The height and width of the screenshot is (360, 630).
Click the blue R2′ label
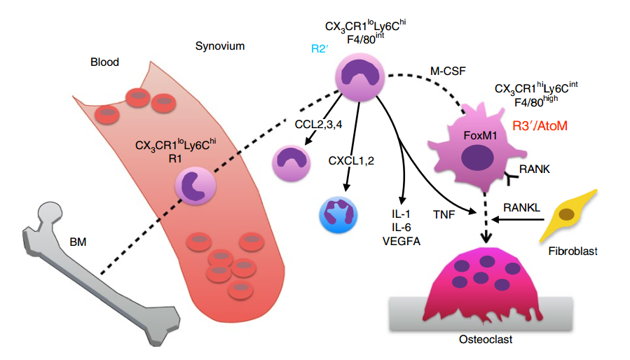[x=321, y=50]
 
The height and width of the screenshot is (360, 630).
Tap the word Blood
[x=104, y=62]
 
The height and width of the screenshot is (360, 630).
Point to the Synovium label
[x=219, y=47]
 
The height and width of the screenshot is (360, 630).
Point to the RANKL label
[x=521, y=207]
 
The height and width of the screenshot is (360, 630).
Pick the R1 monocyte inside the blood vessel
[x=193, y=186]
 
